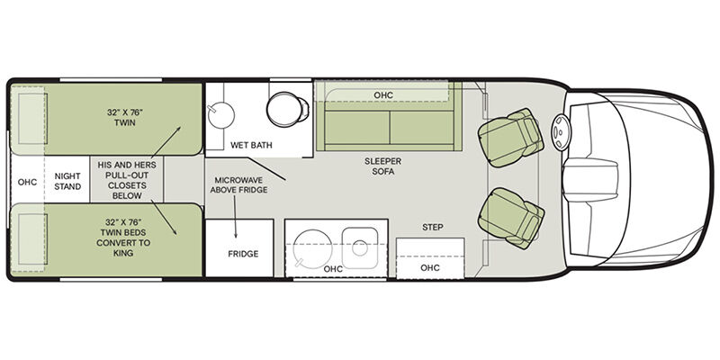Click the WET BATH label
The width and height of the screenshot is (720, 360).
pyautogui.click(x=251, y=145)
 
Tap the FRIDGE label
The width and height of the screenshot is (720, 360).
pyautogui.click(x=243, y=254)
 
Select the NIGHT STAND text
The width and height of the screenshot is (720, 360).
pyautogui.click(x=67, y=182)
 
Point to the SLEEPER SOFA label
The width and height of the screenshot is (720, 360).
pyautogui.click(x=383, y=166)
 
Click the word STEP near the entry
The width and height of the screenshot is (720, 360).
pyautogui.click(x=433, y=228)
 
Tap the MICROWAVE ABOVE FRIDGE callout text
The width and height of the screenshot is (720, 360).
pyautogui.click(x=238, y=184)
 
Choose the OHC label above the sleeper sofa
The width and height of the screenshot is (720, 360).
pyautogui.click(x=383, y=95)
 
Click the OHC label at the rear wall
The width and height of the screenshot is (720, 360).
pyautogui.click(x=27, y=182)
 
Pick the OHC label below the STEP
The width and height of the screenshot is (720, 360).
pyautogui.click(x=430, y=267)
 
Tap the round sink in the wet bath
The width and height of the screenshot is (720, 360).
pyautogui.click(x=220, y=115)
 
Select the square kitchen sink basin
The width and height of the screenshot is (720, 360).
pyautogui.click(x=359, y=248)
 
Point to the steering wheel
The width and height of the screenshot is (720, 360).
pyautogui.click(x=560, y=132)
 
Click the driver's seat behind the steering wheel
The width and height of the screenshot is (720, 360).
pyautogui.click(x=510, y=138)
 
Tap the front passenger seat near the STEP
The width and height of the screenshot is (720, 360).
pyautogui.click(x=511, y=218)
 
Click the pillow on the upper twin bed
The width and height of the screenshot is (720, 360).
pyautogui.click(x=32, y=119)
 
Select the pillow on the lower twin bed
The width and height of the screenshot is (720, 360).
pyautogui.click(x=32, y=238)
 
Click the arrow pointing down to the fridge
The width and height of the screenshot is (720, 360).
pyautogui.click(x=235, y=216)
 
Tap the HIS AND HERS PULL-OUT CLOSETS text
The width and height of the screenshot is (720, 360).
pyautogui.click(x=127, y=180)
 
